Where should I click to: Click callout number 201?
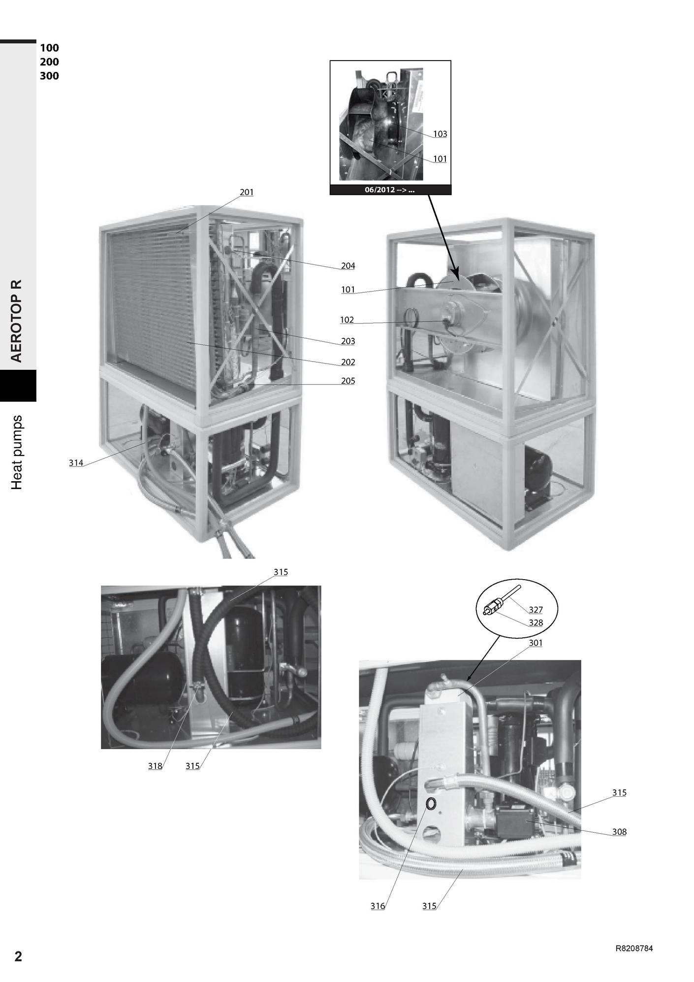pos(247,192)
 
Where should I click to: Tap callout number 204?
pos(348,266)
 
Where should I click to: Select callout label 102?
pos(347,320)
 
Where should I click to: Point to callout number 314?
pos(76,463)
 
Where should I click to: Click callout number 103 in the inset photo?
pos(440,134)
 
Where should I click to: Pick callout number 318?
pos(155,766)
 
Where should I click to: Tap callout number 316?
pos(378,906)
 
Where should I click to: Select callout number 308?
pos(619,832)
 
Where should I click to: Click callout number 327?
pos(536,610)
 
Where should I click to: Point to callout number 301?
pos(536,643)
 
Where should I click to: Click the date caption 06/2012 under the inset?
pos(389,190)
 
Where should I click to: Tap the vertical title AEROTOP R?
pos(17,321)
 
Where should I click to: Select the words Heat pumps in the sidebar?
pos(17,453)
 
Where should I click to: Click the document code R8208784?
pos(634,949)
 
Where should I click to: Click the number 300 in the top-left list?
pos(49,76)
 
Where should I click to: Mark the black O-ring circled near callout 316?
pos(431,804)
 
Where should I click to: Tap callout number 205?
pos(348,381)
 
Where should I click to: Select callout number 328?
pos(536,623)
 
